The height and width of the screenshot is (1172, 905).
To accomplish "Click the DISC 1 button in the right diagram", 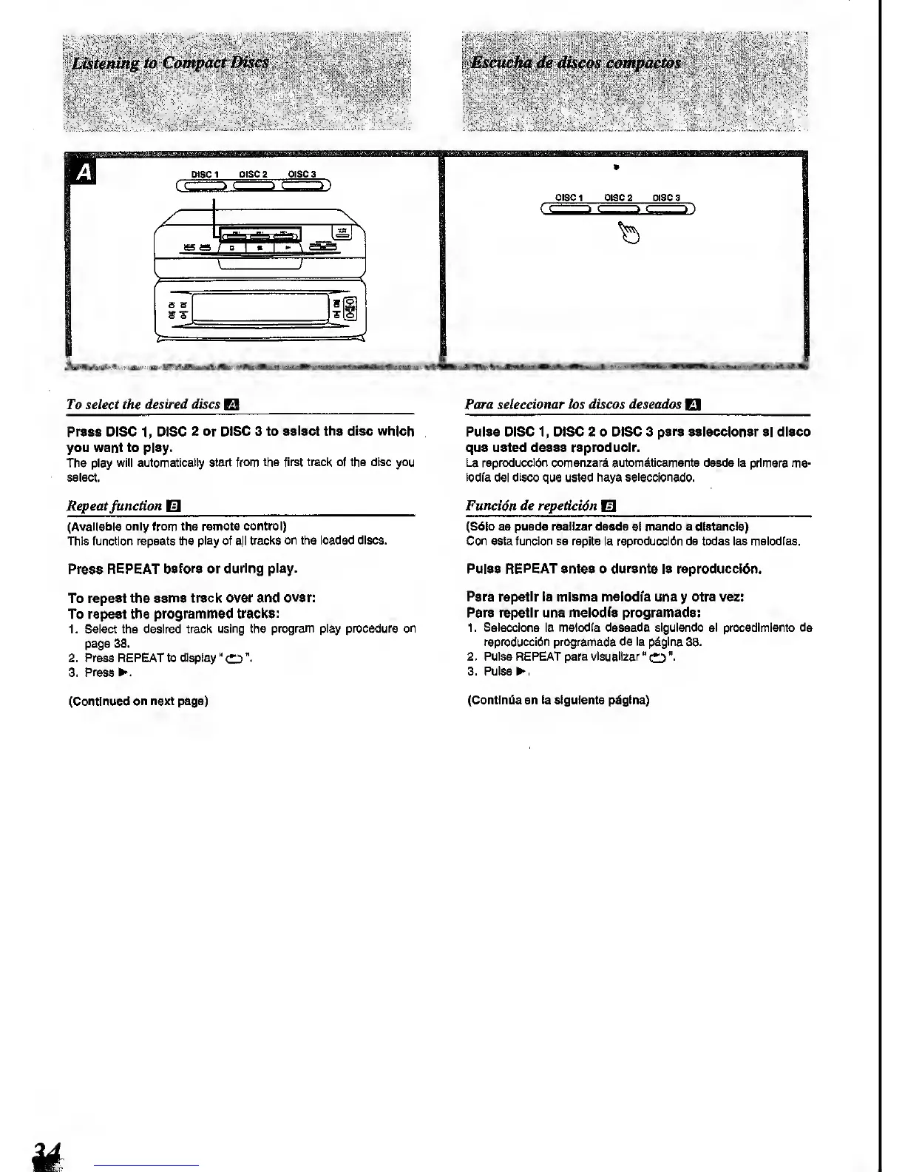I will click(568, 209).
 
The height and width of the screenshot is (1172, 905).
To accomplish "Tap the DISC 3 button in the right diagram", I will click(667, 209).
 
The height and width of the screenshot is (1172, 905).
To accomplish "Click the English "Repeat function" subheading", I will click(115, 506).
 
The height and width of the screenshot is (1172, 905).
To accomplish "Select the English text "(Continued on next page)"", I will click(138, 701).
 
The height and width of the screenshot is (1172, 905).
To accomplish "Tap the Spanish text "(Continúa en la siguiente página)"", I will click(558, 699).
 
